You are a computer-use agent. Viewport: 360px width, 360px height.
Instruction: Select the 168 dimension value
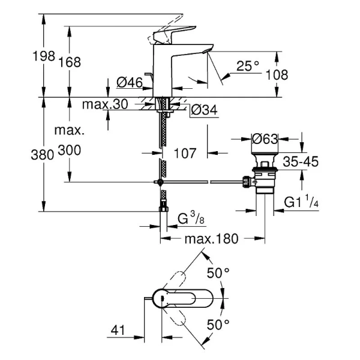pyautogui.click(x=70, y=62)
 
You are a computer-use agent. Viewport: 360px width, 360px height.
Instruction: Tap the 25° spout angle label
pyautogui.click(x=248, y=67)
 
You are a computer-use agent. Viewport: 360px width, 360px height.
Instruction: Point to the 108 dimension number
pyautogui.click(x=277, y=75)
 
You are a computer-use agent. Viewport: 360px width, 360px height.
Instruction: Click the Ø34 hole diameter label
pyautogui.click(x=203, y=110)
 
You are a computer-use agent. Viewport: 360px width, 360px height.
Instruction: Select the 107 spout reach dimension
pyautogui.click(x=186, y=154)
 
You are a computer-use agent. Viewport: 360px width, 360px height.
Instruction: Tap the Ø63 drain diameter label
pyautogui.click(x=265, y=139)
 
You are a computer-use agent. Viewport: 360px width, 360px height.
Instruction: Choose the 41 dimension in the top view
pyautogui.click(x=119, y=329)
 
